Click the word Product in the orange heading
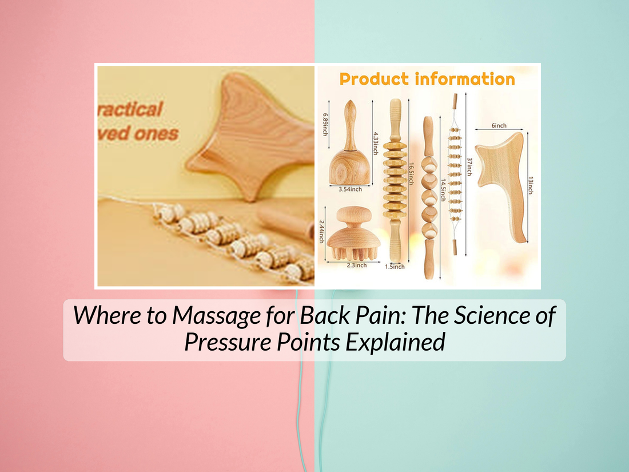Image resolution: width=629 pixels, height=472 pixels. tap(374, 80)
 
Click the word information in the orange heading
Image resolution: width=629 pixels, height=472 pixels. tap(465, 80)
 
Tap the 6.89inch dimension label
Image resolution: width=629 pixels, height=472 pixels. tap(325, 124)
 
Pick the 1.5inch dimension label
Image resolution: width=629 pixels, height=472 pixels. tap(395, 267)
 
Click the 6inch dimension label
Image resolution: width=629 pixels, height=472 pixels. tap(498, 126)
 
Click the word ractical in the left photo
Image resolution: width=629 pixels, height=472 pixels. tap(132, 108)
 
